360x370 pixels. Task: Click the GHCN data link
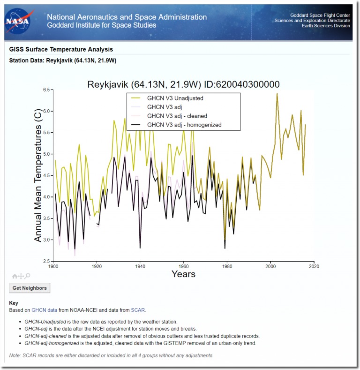pos(45,310)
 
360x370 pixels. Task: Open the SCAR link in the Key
pos(138,310)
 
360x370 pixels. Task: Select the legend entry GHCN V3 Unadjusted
pos(175,98)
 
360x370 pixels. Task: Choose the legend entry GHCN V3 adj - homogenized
pos(184,125)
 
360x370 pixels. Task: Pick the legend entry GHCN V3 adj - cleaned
pos(177,116)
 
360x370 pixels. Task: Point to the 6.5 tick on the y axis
pos(46,90)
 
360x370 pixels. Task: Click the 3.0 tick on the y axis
pos(46,240)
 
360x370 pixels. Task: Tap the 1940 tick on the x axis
pos(140,266)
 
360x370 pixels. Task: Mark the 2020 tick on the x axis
pos(314,266)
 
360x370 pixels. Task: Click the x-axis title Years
pos(184,274)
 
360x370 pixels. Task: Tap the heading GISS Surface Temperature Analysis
pos(61,49)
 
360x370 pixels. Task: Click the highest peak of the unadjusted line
pos(277,93)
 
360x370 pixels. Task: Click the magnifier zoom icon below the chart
pos(27,276)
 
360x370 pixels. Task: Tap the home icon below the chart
pos(15,276)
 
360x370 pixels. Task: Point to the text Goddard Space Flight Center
pos(320,15)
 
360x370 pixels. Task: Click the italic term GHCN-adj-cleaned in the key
pos(45,336)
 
